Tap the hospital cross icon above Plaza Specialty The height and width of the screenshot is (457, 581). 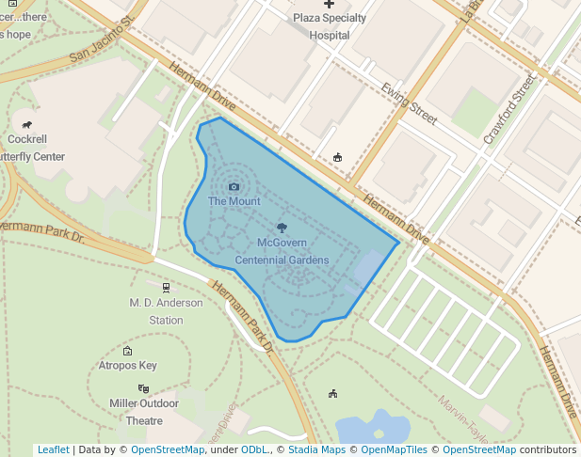click(329, 5)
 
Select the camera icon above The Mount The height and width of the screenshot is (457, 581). click(234, 186)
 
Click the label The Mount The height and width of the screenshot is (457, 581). click(234, 201)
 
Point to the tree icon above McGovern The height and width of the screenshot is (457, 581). click(282, 227)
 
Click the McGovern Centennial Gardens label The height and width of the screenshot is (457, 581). click(282, 251)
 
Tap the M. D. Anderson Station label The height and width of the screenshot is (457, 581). click(167, 311)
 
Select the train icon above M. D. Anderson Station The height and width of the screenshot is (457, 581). click(167, 288)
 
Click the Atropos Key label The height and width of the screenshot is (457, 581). click(128, 366)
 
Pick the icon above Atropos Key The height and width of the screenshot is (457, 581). click(128, 351)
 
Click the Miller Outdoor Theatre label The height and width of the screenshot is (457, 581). click(144, 412)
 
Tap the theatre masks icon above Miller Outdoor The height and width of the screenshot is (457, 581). click(143, 388)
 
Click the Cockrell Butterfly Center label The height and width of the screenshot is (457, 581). click(29, 148)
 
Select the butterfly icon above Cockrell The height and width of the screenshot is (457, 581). click(27, 124)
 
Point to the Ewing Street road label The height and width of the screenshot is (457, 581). click(409, 102)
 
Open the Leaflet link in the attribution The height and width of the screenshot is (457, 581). click(53, 449)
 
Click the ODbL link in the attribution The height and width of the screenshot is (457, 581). click(254, 449)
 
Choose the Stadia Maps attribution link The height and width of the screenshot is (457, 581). click(316, 449)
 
